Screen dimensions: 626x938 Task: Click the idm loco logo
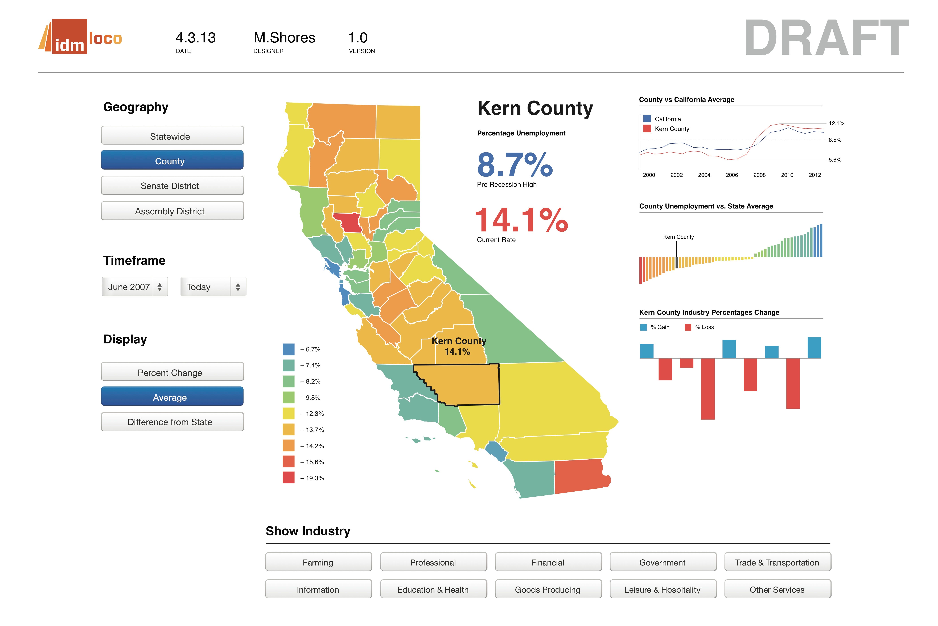click(80, 37)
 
